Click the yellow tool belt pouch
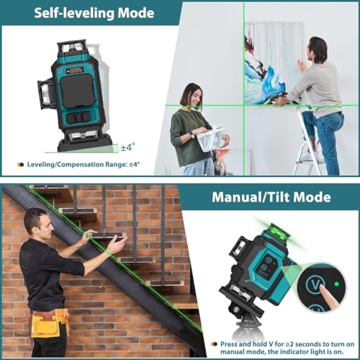pos(45,325)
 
